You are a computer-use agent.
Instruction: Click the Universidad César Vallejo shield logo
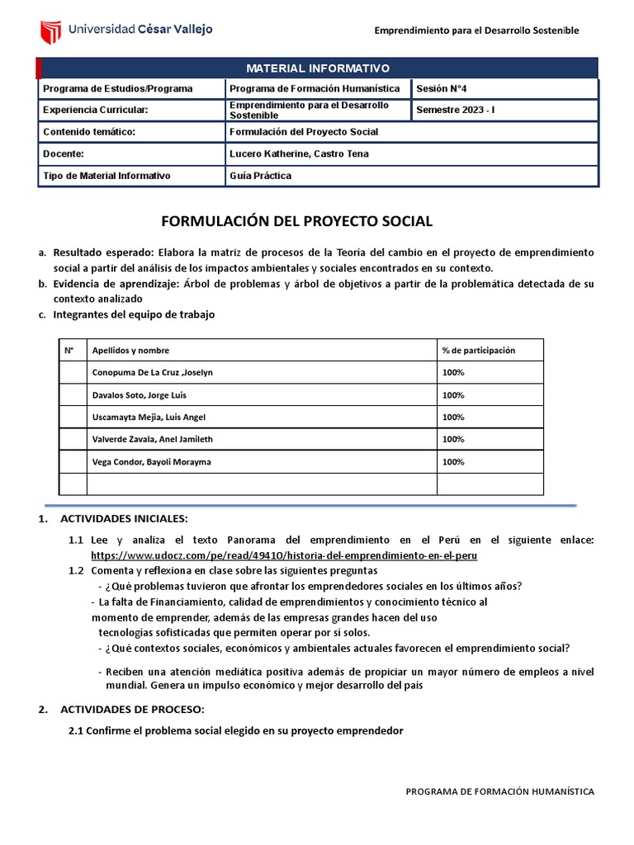tap(51, 31)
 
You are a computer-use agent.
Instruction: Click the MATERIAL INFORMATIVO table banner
tap(318, 68)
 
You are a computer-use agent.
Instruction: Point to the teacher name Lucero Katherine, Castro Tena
tap(299, 153)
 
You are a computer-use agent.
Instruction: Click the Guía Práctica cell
tap(260, 176)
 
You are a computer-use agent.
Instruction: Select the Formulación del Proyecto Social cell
tap(303, 132)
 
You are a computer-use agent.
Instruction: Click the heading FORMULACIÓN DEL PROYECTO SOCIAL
tap(296, 221)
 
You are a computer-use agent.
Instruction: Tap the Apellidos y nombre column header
tap(130, 350)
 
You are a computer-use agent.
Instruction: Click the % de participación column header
tap(478, 350)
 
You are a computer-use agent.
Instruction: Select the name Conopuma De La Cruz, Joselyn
tap(152, 372)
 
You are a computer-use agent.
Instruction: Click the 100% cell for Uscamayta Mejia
tap(453, 418)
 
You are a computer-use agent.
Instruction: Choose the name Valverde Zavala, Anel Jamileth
tap(152, 440)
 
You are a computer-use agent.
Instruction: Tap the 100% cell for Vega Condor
tap(453, 462)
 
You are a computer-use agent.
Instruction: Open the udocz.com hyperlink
tap(284, 556)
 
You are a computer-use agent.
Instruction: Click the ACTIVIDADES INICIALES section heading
tap(125, 518)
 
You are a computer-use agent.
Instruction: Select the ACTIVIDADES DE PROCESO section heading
tap(131, 710)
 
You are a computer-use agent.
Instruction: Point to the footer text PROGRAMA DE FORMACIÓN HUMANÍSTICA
tap(499, 791)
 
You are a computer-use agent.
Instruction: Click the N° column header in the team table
tap(69, 350)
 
